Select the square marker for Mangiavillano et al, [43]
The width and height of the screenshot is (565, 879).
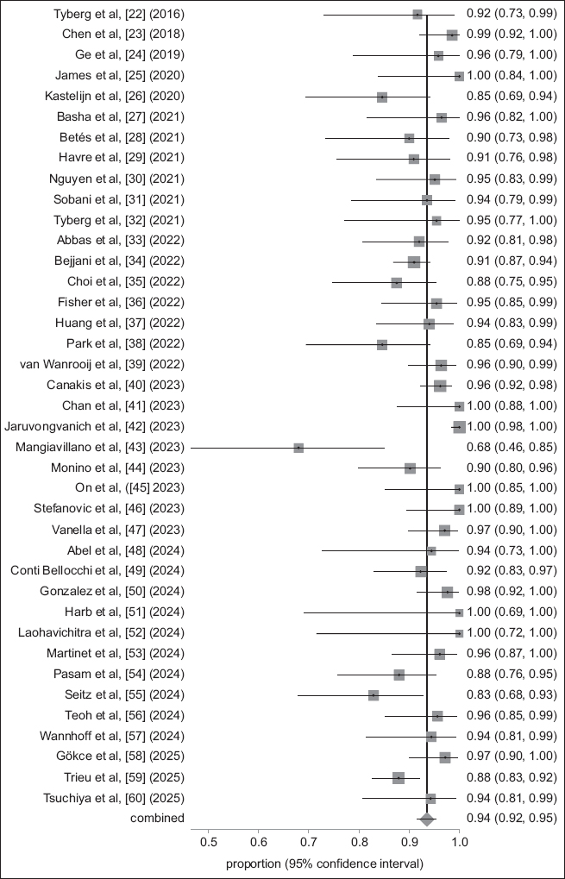click(x=298, y=448)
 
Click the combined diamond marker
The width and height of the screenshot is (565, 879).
click(x=426, y=818)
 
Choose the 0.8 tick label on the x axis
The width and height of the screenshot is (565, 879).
click(x=359, y=840)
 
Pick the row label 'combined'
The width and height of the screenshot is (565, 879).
click(x=158, y=818)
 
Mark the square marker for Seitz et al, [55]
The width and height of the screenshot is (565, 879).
click(x=374, y=694)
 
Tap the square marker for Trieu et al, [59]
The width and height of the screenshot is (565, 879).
click(x=399, y=777)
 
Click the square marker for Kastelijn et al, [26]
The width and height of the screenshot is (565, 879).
click(x=382, y=97)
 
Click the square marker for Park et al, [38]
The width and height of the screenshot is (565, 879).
click(x=382, y=344)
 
